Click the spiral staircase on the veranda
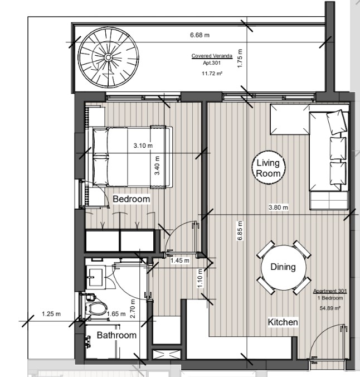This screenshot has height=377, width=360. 109,57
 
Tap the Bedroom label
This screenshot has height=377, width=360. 131,199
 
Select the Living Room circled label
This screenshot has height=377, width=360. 269,167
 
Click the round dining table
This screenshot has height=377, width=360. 284,267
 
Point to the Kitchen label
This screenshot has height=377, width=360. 283,322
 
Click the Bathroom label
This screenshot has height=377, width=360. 116,335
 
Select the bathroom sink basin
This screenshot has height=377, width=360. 96,277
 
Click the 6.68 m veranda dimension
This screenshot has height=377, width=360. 200,35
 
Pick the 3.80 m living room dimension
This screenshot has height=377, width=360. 278,207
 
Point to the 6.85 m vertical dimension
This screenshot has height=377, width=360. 240,231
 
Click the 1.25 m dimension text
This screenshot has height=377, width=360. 51,314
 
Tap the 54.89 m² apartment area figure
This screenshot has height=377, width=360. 330,308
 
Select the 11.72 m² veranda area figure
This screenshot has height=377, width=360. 212,73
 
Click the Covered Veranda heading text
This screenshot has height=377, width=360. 212,56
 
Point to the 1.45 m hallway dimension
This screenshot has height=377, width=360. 180,260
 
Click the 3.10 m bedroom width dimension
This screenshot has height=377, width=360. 143,146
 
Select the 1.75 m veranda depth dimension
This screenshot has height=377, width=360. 240,59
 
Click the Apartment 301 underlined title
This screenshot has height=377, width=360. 330,291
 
